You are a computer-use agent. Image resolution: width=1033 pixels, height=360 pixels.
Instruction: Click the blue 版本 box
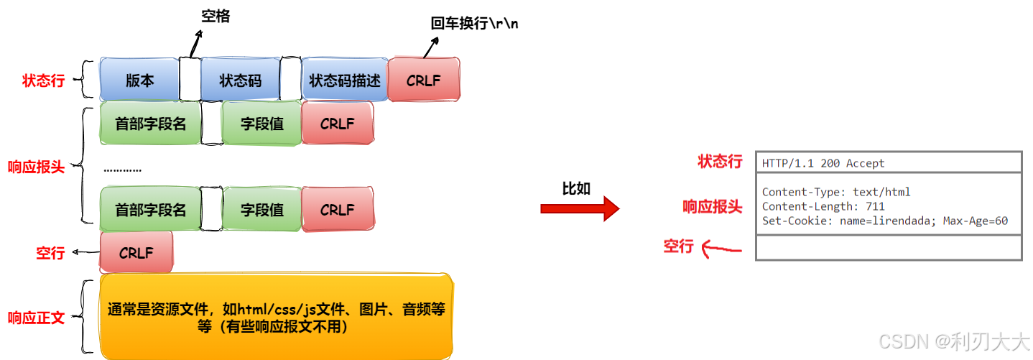pyautogui.click(x=139, y=80)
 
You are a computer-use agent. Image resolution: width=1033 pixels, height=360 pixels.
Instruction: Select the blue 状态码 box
pyautogui.click(x=240, y=80)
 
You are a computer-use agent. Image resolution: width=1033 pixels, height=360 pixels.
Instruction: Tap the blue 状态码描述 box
pyautogui.click(x=344, y=80)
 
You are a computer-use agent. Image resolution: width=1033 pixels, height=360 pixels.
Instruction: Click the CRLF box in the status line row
pyautogui.click(x=423, y=80)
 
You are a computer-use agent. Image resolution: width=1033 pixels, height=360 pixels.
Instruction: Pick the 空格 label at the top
pyautogui.click(x=215, y=16)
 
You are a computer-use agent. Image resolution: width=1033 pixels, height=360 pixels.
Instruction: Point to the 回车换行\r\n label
pyautogui.click(x=474, y=23)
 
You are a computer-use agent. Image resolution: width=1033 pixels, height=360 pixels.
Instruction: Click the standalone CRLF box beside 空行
pyautogui.click(x=136, y=252)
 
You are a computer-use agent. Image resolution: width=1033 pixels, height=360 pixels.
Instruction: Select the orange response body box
pyautogui.click(x=277, y=317)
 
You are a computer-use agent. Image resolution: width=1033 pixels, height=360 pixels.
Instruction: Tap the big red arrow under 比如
pyautogui.click(x=579, y=208)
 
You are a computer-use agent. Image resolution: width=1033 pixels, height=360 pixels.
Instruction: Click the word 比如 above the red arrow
pyautogui.click(x=576, y=188)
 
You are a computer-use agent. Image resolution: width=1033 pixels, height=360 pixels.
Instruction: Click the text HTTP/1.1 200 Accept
pyautogui.click(x=823, y=163)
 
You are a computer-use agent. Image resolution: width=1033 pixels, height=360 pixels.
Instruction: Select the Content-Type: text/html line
pyautogui.click(x=836, y=192)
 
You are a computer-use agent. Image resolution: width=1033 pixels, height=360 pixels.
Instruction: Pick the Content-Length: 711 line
pyautogui.click(x=823, y=206)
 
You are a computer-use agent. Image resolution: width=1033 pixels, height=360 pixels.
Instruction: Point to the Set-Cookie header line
pyautogui.click(x=885, y=221)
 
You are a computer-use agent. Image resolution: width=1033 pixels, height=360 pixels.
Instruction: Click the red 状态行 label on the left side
pyautogui.click(x=43, y=80)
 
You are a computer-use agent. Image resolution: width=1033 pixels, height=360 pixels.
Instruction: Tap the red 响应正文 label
pyautogui.click(x=36, y=318)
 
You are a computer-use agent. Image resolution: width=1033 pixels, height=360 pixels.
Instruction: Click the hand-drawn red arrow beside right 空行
pyautogui.click(x=721, y=249)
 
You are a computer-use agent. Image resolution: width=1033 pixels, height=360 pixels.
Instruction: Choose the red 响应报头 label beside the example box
pyautogui.click(x=712, y=207)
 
